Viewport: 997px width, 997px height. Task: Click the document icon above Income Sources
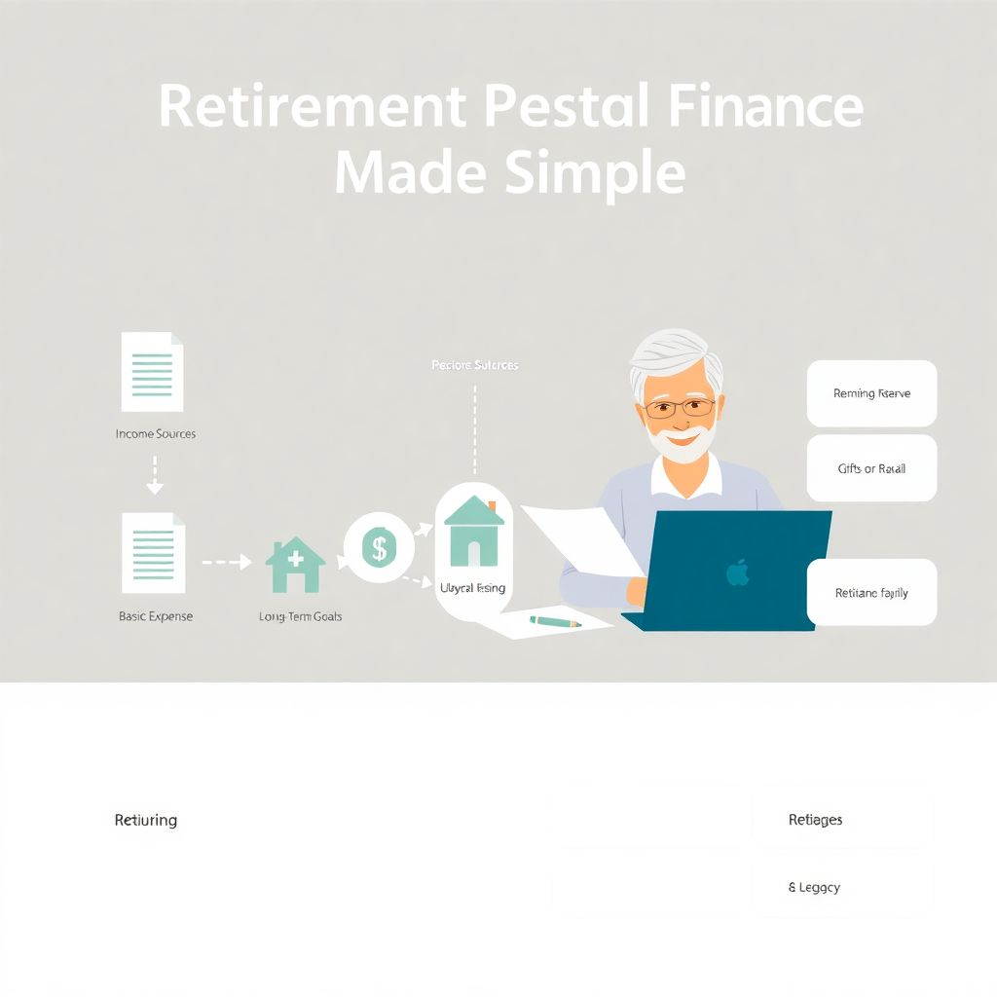152,372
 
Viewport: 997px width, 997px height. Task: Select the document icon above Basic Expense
153,552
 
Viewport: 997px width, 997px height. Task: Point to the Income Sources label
156,433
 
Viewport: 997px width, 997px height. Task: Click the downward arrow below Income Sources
155,474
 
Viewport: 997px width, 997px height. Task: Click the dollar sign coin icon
378,548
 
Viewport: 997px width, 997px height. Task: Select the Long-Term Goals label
300,616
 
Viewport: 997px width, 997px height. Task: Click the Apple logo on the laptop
738,572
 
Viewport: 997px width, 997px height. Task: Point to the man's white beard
681,443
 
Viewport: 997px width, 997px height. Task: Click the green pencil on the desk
555,621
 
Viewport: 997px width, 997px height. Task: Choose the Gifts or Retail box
871,468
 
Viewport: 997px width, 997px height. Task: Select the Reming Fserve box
871,393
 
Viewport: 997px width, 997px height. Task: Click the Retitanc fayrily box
871,592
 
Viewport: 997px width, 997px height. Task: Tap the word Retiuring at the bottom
146,820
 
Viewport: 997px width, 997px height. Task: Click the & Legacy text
814,887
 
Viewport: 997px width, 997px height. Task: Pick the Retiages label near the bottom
815,820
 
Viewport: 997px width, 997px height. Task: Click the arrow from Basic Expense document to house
226,562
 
